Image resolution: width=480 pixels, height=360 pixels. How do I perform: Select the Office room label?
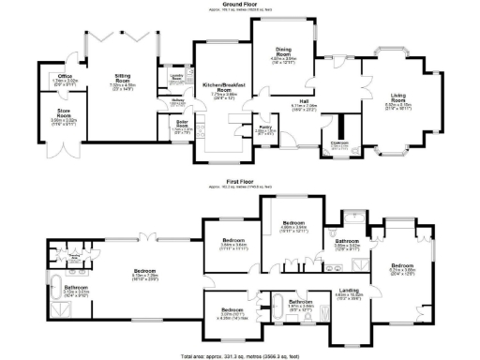pyautogui.click(x=65, y=78)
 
